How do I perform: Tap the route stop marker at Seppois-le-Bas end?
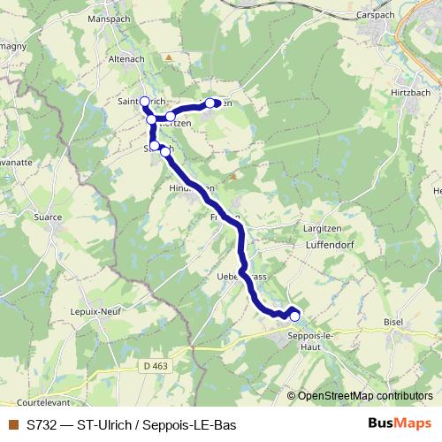click(294, 316)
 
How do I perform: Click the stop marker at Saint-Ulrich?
click(144, 102)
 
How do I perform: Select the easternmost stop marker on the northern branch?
click(210, 103)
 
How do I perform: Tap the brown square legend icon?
click(12, 424)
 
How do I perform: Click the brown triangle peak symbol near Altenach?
click(168, 57)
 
